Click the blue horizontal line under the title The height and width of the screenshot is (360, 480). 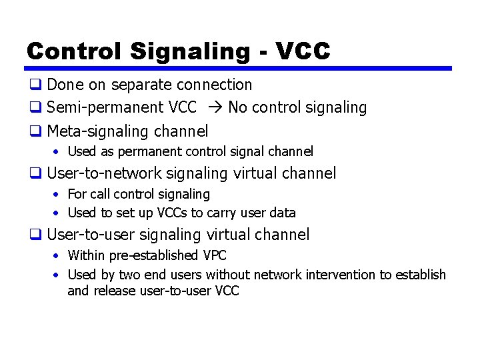tap(239, 68)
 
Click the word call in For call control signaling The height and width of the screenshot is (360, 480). tap(101, 194)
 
